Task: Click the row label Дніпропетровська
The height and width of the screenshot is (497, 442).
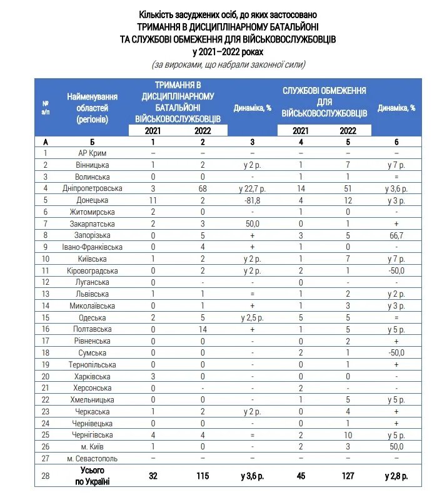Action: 93,188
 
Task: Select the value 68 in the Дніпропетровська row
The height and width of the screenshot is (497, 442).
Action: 203,188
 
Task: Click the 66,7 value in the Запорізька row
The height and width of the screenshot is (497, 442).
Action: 396,235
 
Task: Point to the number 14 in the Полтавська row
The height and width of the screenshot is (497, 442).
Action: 203,329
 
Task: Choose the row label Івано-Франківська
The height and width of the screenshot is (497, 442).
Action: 93,247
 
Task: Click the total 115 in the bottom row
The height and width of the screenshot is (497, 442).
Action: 203,476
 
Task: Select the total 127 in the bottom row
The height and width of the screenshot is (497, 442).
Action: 348,476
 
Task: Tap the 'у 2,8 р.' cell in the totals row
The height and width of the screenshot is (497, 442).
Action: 396,476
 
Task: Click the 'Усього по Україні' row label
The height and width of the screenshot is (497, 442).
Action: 93,475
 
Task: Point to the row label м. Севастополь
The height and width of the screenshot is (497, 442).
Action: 93,459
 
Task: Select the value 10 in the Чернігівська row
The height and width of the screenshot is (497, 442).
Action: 348,435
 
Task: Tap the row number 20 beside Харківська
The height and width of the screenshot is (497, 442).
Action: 46,377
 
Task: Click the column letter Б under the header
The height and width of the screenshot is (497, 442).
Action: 93,142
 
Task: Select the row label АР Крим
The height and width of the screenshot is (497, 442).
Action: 93,153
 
